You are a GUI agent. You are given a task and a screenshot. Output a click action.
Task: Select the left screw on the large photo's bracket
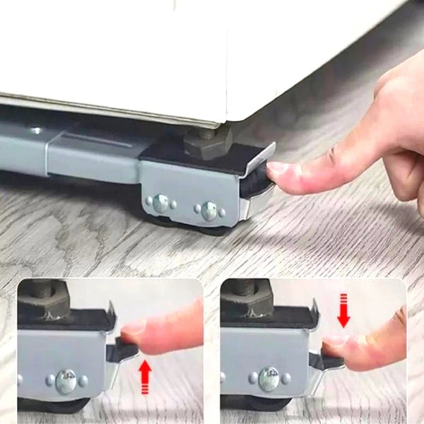click(162, 204)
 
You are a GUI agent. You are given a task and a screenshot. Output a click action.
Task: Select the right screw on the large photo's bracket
click(209, 210)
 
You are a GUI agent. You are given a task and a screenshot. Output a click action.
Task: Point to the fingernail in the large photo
click(278, 169)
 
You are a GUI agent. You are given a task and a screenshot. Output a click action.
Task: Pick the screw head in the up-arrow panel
click(65, 382)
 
